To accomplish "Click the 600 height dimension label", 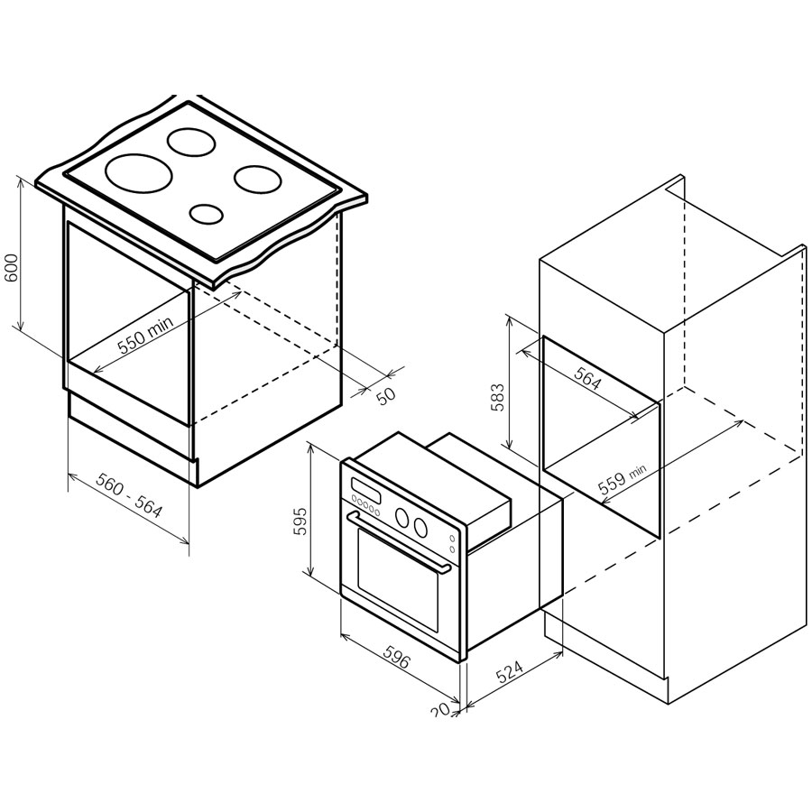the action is click(x=12, y=268).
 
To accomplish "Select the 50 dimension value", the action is click(x=385, y=396).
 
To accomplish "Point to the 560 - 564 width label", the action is click(x=129, y=496).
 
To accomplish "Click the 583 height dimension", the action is click(x=497, y=397).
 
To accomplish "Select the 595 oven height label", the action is click(x=300, y=521).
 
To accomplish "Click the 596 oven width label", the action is click(x=398, y=656).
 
